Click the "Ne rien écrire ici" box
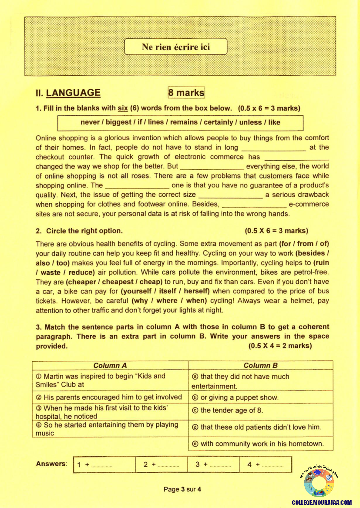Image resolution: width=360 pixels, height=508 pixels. [176, 47]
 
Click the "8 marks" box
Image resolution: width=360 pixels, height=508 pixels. [186, 93]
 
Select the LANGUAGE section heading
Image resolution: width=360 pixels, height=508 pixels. [73, 93]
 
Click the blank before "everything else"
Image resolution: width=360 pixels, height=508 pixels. [212, 167]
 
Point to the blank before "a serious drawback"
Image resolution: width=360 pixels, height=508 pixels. [230, 195]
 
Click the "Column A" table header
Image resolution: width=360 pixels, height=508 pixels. [110, 366]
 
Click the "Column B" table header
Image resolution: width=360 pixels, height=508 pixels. [260, 366]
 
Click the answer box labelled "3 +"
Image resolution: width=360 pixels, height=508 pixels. [213, 464]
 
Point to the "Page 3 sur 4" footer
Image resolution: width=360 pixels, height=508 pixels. [182, 489]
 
